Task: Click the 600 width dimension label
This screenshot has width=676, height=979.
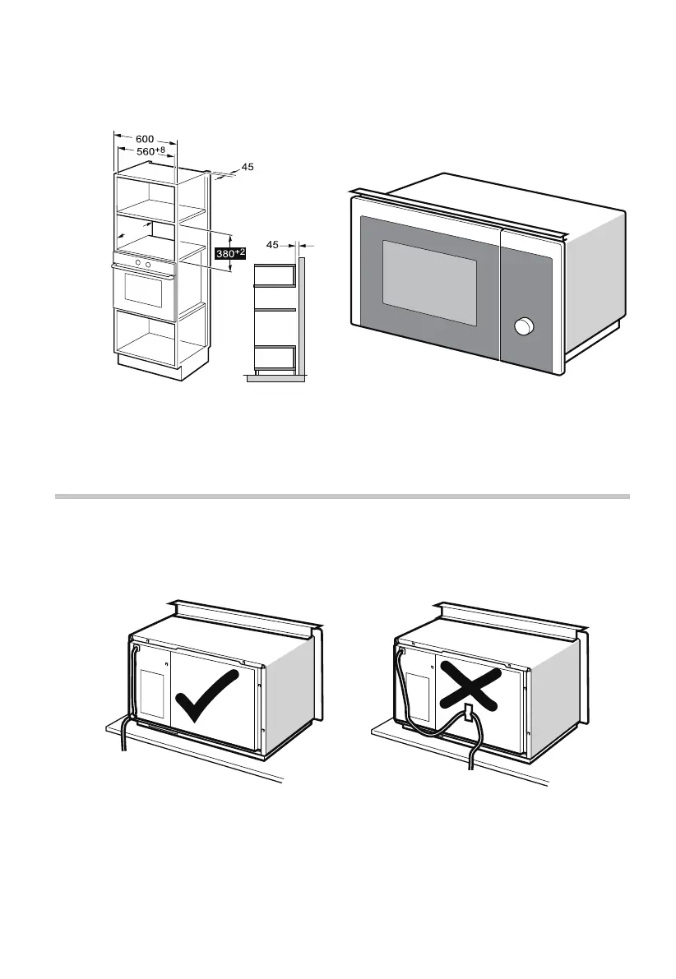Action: point(144,140)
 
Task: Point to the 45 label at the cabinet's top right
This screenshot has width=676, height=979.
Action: point(248,168)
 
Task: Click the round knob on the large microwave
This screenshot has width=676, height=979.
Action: point(521,328)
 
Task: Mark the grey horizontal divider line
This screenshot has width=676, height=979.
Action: point(341,496)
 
